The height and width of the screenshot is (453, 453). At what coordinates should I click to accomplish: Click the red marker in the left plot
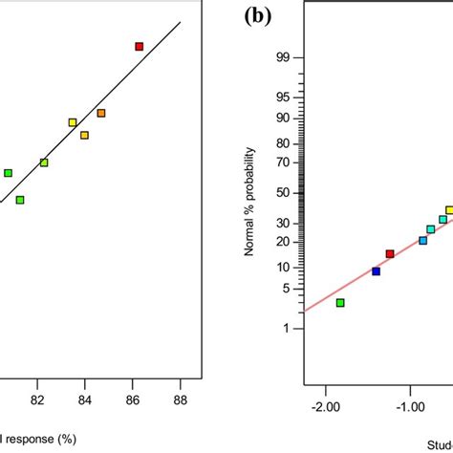click(x=139, y=46)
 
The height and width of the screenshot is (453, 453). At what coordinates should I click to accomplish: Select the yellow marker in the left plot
click(x=73, y=122)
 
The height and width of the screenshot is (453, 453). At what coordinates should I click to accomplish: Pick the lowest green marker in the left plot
click(x=20, y=200)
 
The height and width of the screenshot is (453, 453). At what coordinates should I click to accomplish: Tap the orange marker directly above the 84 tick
click(x=84, y=135)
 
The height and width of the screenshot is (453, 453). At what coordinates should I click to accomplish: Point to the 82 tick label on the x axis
click(x=38, y=399)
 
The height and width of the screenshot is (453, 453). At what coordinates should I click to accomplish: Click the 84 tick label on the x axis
click(x=85, y=399)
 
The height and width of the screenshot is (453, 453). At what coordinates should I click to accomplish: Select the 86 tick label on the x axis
click(x=132, y=399)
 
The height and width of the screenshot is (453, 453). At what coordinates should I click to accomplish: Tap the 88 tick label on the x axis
click(x=180, y=399)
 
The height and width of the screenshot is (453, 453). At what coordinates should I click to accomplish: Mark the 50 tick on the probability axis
click(x=283, y=193)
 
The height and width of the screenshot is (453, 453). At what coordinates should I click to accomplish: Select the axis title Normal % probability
click(x=250, y=202)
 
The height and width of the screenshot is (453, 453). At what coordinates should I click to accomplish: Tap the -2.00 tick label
click(x=326, y=406)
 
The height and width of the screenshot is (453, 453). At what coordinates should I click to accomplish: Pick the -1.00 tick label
click(x=411, y=406)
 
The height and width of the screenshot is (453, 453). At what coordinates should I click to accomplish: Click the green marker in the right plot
click(x=340, y=302)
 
